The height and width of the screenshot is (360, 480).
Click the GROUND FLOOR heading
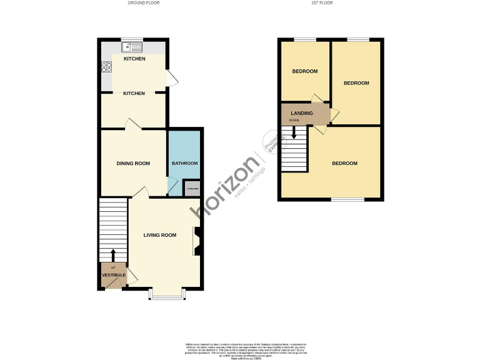click(x=144, y=3)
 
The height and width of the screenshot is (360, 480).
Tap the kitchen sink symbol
click(x=132, y=46)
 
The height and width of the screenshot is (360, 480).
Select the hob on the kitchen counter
click(x=106, y=67)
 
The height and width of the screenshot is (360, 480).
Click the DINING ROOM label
click(x=133, y=164)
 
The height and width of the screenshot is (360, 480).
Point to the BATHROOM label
click(x=184, y=164)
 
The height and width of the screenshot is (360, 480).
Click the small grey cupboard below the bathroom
click(x=192, y=189)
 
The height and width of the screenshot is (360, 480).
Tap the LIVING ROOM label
click(x=160, y=236)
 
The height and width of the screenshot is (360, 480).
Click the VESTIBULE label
click(x=114, y=275)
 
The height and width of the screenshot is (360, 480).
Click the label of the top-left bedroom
click(x=305, y=71)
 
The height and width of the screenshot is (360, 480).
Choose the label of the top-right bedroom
click(x=356, y=83)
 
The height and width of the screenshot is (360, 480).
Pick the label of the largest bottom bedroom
click(x=344, y=164)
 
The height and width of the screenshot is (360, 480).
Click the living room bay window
click(x=166, y=294)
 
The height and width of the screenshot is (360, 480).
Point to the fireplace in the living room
click(x=196, y=241)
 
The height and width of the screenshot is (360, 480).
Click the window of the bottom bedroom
click(x=347, y=200)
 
